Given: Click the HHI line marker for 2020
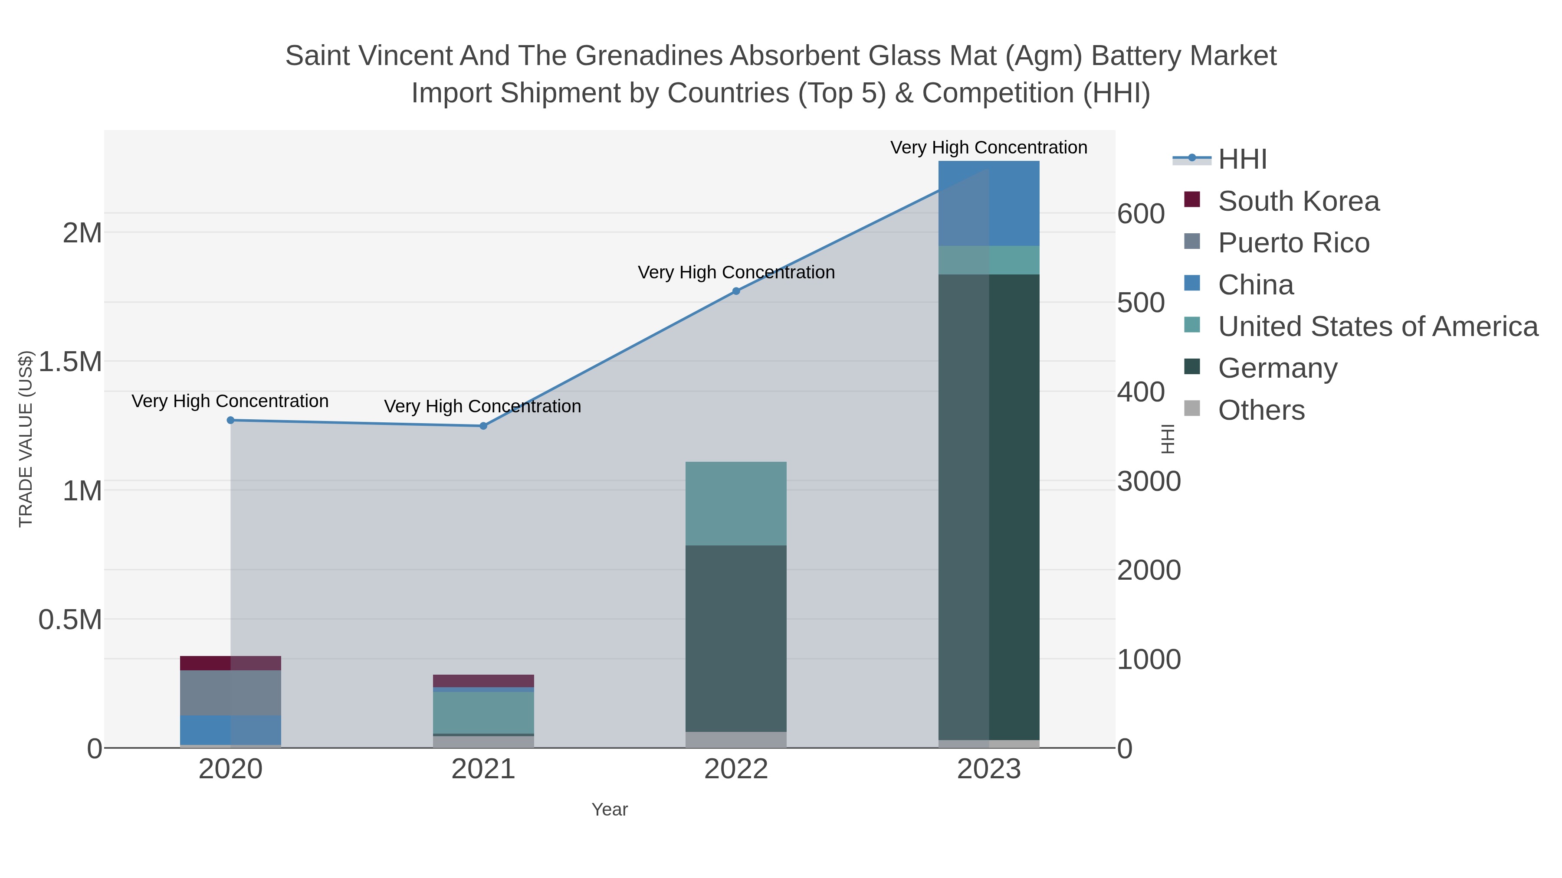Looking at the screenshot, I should (230, 420).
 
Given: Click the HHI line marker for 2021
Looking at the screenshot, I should (483, 426).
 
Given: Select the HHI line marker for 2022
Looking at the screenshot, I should (736, 291).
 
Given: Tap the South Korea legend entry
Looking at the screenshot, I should (1298, 201).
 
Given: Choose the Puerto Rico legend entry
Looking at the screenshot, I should (1293, 243).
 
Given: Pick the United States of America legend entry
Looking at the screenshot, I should (1378, 326).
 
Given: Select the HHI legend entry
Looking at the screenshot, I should (1243, 160).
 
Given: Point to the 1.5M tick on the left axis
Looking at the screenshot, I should (70, 362).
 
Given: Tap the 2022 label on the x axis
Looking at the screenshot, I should (736, 770).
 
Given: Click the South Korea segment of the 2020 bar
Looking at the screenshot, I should (230, 663).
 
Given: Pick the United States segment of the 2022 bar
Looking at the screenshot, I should (736, 503).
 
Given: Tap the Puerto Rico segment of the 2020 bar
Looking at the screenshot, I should (230, 692).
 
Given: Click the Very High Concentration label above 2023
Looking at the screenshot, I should (988, 147).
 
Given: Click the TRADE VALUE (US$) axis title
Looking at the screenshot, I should (26, 439).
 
